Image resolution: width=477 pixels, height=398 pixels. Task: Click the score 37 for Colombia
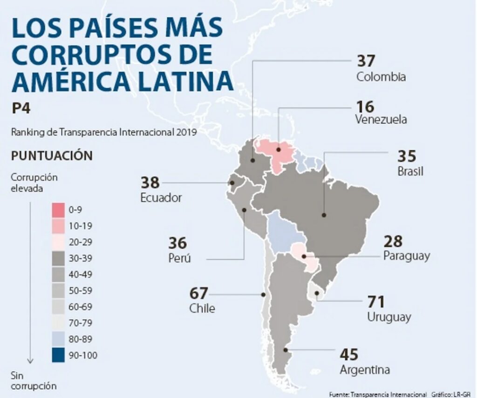(x=366, y=61)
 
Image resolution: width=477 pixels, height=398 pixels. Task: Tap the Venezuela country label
(x=381, y=119)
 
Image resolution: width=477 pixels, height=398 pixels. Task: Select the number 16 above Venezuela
(x=365, y=107)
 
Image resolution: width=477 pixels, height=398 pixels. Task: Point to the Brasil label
(x=410, y=171)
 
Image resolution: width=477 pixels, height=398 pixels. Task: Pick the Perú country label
(x=180, y=258)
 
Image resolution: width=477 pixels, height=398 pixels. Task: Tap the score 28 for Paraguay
(x=393, y=242)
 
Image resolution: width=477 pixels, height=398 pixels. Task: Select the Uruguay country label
(x=389, y=317)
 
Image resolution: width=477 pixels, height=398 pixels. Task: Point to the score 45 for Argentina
(x=349, y=355)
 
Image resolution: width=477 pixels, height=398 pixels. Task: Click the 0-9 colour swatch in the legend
(x=58, y=210)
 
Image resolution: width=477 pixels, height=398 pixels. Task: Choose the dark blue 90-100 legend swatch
(x=58, y=356)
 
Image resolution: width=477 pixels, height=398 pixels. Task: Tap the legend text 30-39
(x=80, y=258)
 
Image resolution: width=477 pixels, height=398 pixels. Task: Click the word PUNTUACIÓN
(x=52, y=155)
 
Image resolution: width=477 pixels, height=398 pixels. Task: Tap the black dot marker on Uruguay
(x=317, y=293)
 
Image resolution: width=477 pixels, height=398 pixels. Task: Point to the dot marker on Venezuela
(x=278, y=149)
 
